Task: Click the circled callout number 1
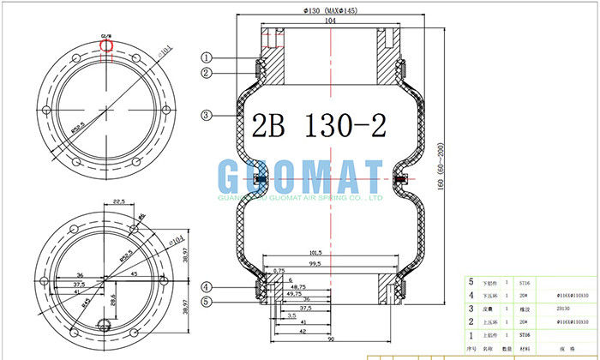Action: [207, 57]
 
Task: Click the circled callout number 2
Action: [207, 74]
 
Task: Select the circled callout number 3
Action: [207, 115]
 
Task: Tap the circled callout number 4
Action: [207, 286]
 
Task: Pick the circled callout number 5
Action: [207, 301]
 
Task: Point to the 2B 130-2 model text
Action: [318, 126]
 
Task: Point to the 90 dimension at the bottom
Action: [330, 348]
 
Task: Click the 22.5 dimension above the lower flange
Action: [119, 202]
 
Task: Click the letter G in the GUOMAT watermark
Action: [232, 178]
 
